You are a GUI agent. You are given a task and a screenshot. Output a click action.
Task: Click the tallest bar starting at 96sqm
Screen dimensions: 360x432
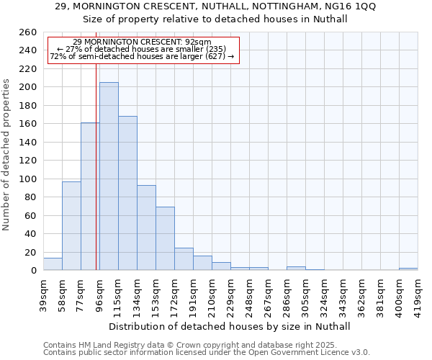tap(109, 176)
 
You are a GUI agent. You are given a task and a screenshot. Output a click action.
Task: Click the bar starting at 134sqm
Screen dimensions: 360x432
tap(146, 228)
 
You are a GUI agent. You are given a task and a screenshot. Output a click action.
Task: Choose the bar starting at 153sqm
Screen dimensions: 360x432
tap(165, 238)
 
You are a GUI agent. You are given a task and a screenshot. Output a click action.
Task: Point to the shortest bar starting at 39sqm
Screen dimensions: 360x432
tap(53, 264)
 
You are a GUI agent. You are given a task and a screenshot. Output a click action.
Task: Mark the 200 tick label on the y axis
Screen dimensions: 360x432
tap(28, 87)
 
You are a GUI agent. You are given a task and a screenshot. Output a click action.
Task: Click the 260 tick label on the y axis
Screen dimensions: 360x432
tap(28, 32)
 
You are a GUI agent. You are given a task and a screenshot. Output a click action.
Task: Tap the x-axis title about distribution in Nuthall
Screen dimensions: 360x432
tap(230, 326)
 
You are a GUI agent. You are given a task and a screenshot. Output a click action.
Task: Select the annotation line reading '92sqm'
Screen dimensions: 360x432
tap(143, 42)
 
